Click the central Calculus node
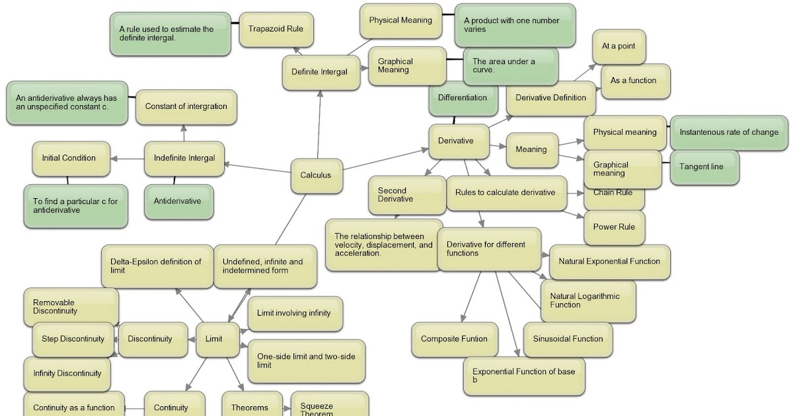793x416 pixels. (x=316, y=176)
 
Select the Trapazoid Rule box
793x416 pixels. (x=276, y=29)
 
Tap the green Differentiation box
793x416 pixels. (x=463, y=98)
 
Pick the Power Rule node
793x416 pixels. (x=614, y=227)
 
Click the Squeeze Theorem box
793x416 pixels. (x=328, y=407)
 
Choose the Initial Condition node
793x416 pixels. (x=69, y=158)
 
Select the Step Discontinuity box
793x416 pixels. (x=73, y=339)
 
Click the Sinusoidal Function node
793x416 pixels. (x=568, y=339)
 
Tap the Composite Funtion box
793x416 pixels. (x=454, y=339)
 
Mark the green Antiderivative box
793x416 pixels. (x=177, y=201)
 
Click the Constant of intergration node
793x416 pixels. (x=186, y=106)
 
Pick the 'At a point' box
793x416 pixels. (x=619, y=47)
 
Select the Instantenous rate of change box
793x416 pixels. (x=728, y=133)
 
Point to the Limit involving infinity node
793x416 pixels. (x=294, y=314)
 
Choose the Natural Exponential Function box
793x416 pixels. (x=609, y=261)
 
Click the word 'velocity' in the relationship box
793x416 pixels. (x=350, y=245)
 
